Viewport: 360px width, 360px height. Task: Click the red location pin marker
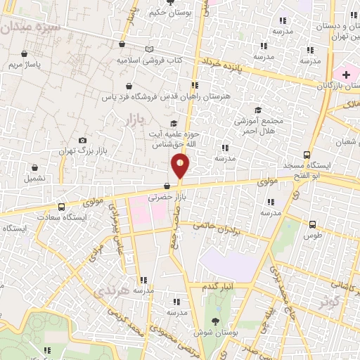181,167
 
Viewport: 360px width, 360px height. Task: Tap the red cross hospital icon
346,75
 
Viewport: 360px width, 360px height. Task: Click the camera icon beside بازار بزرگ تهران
83,141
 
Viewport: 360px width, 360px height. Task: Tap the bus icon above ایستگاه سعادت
62,207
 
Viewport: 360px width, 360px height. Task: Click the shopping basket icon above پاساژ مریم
25,53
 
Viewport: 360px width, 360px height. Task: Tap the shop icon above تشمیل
35,167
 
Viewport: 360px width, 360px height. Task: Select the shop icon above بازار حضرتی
167,186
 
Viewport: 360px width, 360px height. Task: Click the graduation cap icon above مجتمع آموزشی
258,110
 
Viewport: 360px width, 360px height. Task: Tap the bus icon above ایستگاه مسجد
307,155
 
